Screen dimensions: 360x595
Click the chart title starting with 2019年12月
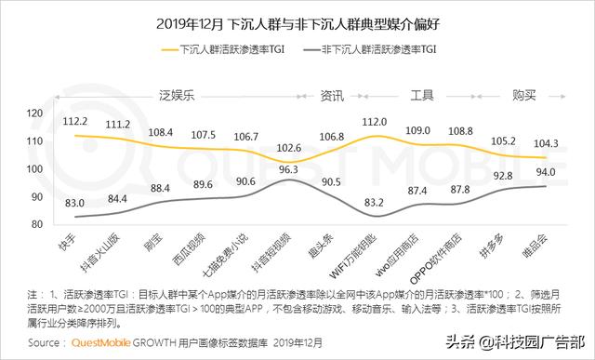click(x=297, y=21)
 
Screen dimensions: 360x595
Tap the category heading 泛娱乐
click(x=175, y=94)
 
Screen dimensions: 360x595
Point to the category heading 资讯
click(x=332, y=94)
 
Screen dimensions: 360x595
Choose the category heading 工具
click(x=424, y=94)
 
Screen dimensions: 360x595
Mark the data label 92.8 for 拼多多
click(x=503, y=175)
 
